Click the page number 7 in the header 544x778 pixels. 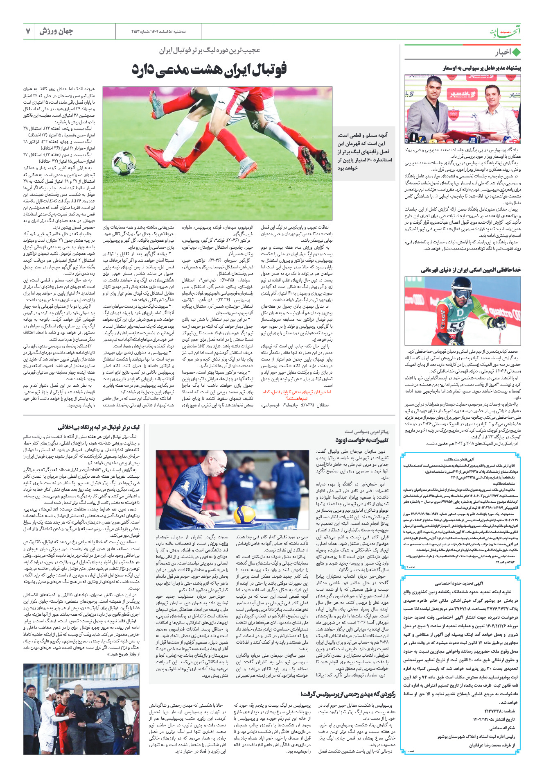pos(28,32)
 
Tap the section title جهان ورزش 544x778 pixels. pos(56,32)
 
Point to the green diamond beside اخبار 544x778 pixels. pos(516,52)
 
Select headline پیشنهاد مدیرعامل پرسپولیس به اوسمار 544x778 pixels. pos(481,68)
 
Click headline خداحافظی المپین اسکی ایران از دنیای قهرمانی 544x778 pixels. pos(471,270)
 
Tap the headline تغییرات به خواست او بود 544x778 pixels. pos(362,440)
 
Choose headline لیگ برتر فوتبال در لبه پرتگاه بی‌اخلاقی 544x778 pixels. pos(99,427)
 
